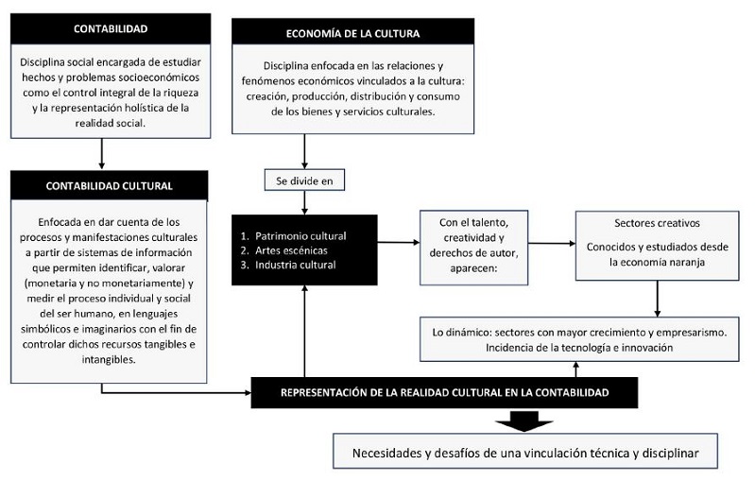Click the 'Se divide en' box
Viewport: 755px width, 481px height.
[304, 180]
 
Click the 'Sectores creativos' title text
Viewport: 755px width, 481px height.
[655, 224]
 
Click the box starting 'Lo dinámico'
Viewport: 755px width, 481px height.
[577, 339]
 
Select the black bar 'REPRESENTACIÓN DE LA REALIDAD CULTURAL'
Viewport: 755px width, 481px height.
[443, 391]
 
